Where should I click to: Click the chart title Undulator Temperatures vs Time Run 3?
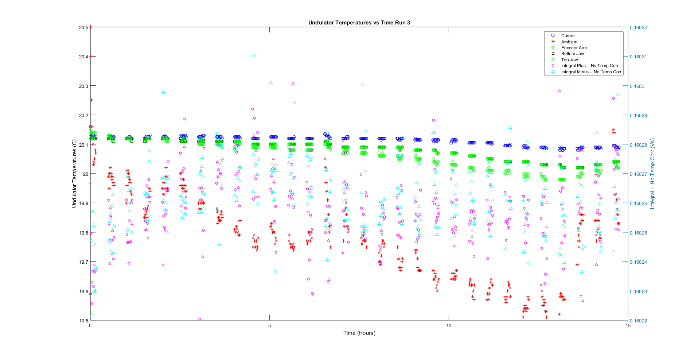coord(359,23)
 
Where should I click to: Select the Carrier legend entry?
coord(568,36)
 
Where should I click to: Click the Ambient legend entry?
coord(569,42)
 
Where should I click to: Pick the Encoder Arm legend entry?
coord(574,48)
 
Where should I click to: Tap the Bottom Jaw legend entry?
coord(572,54)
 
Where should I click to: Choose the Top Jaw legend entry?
coord(569,60)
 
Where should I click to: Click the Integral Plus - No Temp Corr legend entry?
coord(589,66)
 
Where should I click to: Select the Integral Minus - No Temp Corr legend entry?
coord(591,72)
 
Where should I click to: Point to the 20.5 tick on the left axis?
coord(83,27)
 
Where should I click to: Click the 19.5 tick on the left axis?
coord(83,321)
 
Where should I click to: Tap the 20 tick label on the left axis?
coord(86,174)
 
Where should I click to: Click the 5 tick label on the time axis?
coord(270,326)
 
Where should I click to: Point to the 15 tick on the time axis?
coord(628,326)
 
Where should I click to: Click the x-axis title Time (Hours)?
coord(359,333)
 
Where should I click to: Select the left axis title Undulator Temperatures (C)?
coord(75,174)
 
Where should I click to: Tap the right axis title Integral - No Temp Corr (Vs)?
coord(652,174)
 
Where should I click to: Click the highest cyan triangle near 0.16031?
coord(254,56)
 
